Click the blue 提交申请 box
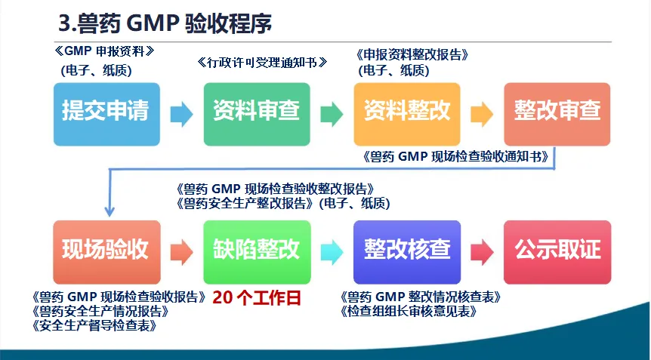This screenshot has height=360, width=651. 106,112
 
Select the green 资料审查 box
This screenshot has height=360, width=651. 257,112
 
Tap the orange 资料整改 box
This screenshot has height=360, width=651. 406,112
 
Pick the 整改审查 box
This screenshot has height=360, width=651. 557,112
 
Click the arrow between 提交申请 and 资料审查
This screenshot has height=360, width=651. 181,114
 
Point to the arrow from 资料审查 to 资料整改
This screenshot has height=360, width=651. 332,114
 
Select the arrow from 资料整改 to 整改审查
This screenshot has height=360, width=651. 482,114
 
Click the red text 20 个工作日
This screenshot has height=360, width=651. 257,297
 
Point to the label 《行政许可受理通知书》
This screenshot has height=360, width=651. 262,62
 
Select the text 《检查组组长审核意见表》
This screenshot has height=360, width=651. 415,311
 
